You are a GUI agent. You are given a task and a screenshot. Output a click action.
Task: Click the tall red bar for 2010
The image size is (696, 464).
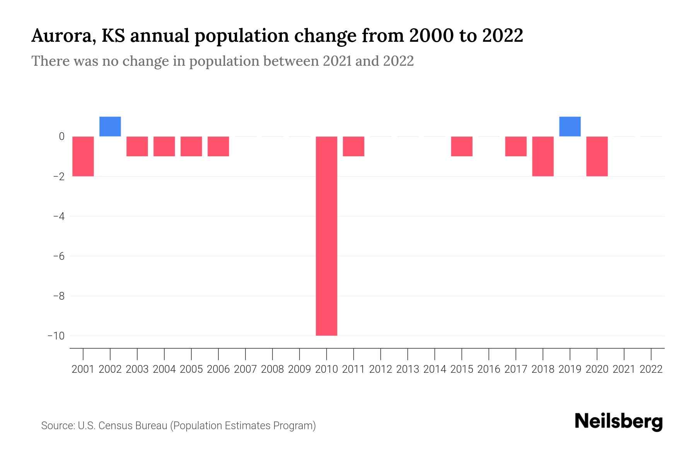tap(326, 236)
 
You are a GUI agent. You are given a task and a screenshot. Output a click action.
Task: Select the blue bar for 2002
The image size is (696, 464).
tap(110, 126)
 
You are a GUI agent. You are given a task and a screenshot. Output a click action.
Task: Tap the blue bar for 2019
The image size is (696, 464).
tap(570, 126)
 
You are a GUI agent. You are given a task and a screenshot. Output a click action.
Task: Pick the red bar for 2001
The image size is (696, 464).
tap(83, 156)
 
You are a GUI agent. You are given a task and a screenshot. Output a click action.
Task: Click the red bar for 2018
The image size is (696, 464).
tap(543, 156)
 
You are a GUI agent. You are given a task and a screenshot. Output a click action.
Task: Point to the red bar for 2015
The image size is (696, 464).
tap(462, 146)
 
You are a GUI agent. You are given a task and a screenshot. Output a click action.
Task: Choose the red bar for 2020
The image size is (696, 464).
tap(597, 156)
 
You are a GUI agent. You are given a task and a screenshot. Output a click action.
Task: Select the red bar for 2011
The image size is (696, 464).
tap(353, 146)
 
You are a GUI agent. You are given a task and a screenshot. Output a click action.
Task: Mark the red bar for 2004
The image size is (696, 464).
tap(164, 146)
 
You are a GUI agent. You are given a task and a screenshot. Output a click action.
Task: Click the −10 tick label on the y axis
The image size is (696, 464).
tap(56, 336)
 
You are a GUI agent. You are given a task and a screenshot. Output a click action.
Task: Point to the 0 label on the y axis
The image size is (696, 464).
tap(61, 136)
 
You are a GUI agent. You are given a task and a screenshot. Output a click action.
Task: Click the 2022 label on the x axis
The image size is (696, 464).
tap(651, 369)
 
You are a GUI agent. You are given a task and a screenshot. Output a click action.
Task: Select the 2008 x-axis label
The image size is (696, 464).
tap(273, 369)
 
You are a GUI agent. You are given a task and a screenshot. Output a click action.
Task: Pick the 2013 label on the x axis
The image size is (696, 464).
tap(408, 369)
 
